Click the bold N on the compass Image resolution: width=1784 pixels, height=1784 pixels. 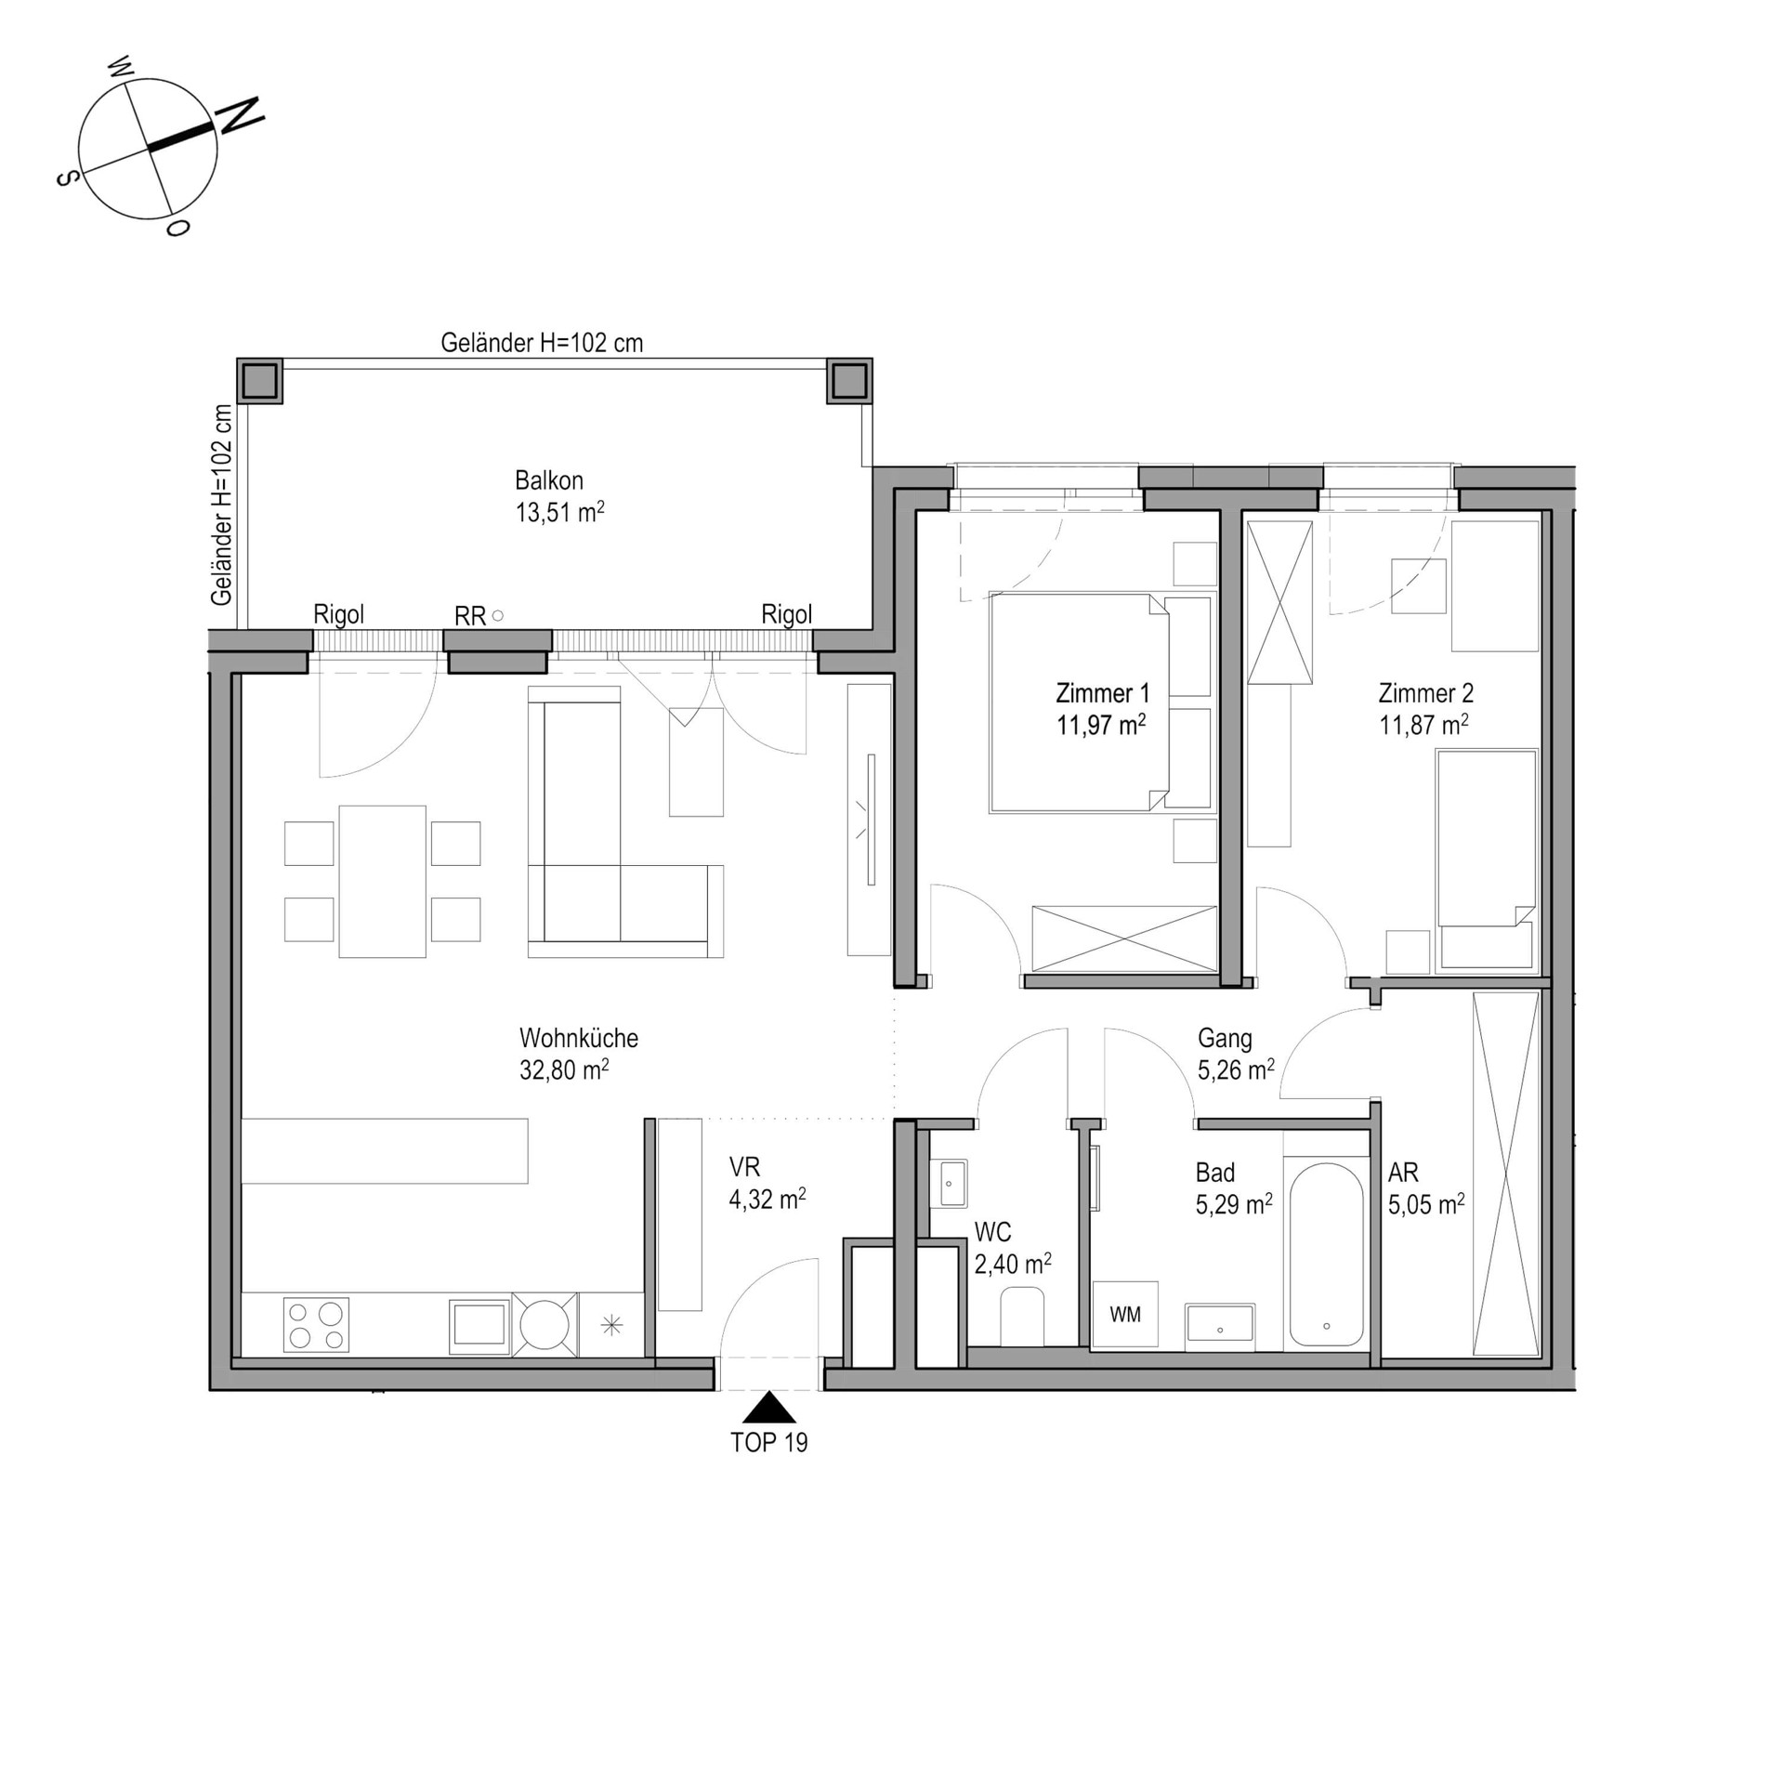click(240, 115)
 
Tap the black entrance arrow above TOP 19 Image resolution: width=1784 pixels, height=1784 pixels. click(768, 1408)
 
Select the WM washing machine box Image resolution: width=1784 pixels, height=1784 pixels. click(1125, 1314)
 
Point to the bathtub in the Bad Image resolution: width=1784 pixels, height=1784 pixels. click(1326, 1254)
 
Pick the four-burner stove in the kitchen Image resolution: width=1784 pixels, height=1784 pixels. click(316, 1325)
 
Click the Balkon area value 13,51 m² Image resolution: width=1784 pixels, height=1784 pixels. click(559, 512)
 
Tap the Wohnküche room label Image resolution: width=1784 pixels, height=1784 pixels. click(579, 1038)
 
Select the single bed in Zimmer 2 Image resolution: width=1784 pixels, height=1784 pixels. click(1486, 860)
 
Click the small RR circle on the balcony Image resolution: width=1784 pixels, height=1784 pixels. click(498, 615)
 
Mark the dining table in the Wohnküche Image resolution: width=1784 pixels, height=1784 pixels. click(382, 881)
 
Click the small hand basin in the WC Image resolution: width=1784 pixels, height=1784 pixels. click(948, 1183)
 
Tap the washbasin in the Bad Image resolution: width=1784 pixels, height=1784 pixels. click(1219, 1327)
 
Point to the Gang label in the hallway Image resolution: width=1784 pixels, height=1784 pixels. click(1225, 1038)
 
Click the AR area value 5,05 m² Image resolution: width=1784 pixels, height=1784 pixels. click(1426, 1205)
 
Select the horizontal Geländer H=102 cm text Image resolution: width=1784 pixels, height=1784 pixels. click(542, 343)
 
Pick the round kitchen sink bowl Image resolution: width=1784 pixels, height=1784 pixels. click(544, 1324)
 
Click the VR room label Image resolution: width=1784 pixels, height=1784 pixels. click(744, 1167)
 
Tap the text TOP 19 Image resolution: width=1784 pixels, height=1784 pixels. click(769, 1442)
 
